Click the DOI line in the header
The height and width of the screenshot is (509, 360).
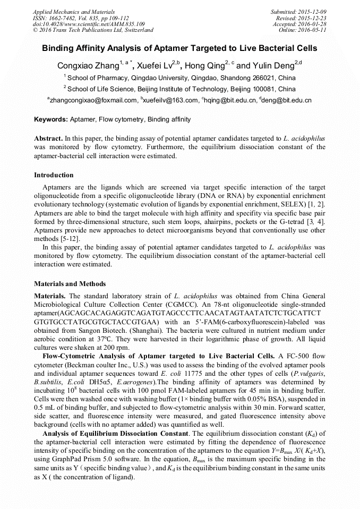[x=89, y=24]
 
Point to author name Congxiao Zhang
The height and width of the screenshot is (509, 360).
[x=88, y=66]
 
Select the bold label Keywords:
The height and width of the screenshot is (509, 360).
[x=50, y=119]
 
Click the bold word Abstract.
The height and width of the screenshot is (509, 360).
[x=48, y=138]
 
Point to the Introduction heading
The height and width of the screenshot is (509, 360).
[x=54, y=175]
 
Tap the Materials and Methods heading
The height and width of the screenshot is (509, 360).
[x=70, y=284]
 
